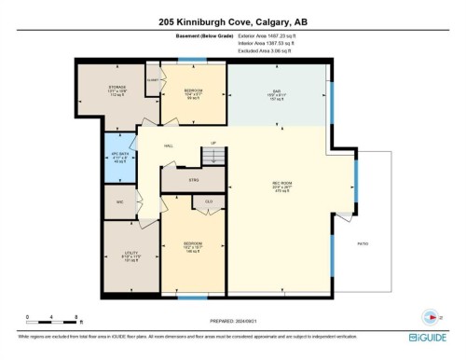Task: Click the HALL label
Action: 170,145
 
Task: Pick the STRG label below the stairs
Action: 195,180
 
